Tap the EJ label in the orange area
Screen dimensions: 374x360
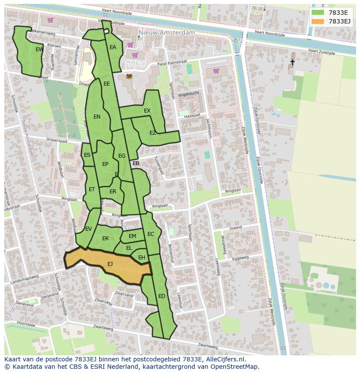coord(110,264)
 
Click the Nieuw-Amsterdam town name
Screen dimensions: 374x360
coord(167,33)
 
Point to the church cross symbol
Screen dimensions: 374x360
coord(292,63)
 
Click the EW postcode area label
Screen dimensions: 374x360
coord(39,50)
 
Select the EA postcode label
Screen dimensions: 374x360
coord(113,47)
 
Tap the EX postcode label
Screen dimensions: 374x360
coord(147,111)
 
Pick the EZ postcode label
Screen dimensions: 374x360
coord(153,133)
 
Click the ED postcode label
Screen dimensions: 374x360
coord(162,296)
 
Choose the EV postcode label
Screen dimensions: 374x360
coord(88,229)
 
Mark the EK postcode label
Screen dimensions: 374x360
coord(105,238)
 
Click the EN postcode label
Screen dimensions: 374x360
coord(97,116)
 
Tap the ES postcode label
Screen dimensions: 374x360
coord(87,155)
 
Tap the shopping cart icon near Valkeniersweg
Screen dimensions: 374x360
coord(50,20)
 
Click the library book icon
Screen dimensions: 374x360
coord(129,76)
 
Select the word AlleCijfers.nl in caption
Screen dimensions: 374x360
coord(225,360)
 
